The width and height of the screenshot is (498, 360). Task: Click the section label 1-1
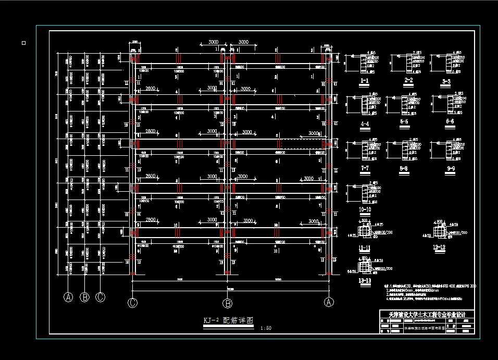tap(365, 81)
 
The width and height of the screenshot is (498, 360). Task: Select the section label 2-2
tap(408, 80)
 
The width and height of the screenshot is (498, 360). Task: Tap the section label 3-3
tap(445, 81)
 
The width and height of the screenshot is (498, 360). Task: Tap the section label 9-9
tap(447, 168)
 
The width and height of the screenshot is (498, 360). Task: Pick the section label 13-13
tap(364, 281)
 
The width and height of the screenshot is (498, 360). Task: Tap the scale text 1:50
tap(265, 328)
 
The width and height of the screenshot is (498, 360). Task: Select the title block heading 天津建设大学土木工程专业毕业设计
tap(427, 315)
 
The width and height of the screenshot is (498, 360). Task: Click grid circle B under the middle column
tap(227, 303)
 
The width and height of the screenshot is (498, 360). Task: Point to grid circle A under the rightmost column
tap(329, 302)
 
